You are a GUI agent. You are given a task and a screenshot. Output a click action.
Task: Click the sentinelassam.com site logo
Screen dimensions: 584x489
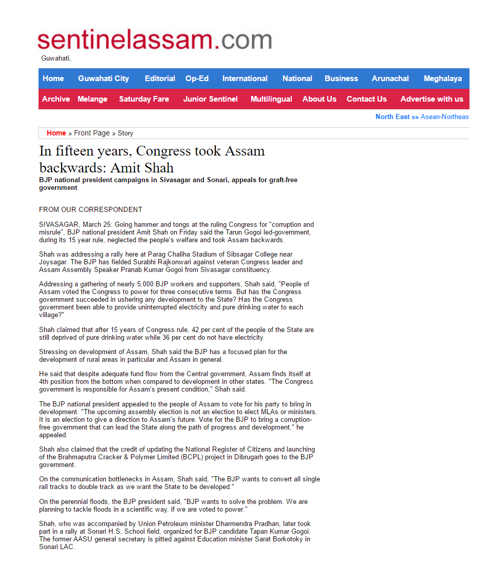154,40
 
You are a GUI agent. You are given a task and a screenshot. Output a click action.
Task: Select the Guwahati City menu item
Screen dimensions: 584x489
103,79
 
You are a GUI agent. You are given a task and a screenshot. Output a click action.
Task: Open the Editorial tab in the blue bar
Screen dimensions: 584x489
160,79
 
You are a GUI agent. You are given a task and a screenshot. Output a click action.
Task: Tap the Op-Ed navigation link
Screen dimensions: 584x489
197,79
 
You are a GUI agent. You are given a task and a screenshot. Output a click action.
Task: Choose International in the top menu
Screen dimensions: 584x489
244,79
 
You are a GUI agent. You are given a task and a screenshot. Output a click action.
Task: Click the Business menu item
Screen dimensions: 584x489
341,79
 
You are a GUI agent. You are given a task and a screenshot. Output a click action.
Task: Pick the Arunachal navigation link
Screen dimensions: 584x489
390,79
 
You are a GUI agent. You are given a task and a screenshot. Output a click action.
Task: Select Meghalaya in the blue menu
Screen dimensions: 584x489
442,79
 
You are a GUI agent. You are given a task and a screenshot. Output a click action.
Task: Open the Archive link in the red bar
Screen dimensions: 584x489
56,99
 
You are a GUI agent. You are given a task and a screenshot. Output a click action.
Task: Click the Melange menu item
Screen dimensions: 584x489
92,99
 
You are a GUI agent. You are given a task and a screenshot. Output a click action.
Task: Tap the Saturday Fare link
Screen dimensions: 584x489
144,99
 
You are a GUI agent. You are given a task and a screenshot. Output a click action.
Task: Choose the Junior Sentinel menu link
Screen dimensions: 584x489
210,99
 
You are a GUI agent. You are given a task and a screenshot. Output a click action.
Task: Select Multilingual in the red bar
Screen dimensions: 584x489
271,99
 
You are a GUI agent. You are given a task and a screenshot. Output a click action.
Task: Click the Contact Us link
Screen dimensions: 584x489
366,99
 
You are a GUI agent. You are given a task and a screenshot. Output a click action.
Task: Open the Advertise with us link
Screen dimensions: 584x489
431,99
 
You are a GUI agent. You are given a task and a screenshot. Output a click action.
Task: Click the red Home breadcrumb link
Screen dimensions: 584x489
56,133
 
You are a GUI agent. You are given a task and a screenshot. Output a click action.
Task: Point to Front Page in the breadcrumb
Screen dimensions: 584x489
92,133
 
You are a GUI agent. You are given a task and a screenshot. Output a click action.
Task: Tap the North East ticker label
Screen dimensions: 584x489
392,116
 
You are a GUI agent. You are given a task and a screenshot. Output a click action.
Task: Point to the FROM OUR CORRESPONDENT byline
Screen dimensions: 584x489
90,209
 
